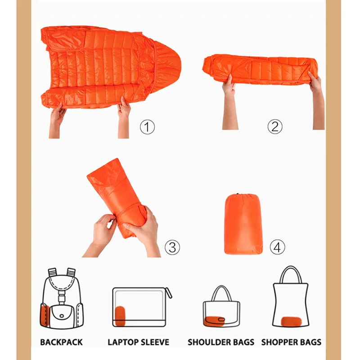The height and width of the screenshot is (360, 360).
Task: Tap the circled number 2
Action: click(x=275, y=127)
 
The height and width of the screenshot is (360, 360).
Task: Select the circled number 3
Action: click(x=172, y=247)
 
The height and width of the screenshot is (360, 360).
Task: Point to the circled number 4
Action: click(x=278, y=247)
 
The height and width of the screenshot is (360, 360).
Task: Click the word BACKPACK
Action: click(x=61, y=342)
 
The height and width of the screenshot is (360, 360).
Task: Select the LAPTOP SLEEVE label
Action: click(x=139, y=342)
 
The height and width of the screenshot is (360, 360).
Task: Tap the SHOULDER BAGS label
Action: click(x=221, y=342)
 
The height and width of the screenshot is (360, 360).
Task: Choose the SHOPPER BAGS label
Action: click(x=291, y=342)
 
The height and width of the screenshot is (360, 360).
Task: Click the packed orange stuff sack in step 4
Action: click(x=243, y=224)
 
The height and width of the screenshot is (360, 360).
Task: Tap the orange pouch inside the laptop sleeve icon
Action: click(x=120, y=315)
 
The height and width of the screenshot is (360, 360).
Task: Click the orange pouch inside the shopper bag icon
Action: click(x=291, y=321)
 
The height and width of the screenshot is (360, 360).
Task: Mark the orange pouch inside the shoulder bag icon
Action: click(x=214, y=320)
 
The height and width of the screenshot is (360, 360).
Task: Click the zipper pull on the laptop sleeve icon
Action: click(x=170, y=293)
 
